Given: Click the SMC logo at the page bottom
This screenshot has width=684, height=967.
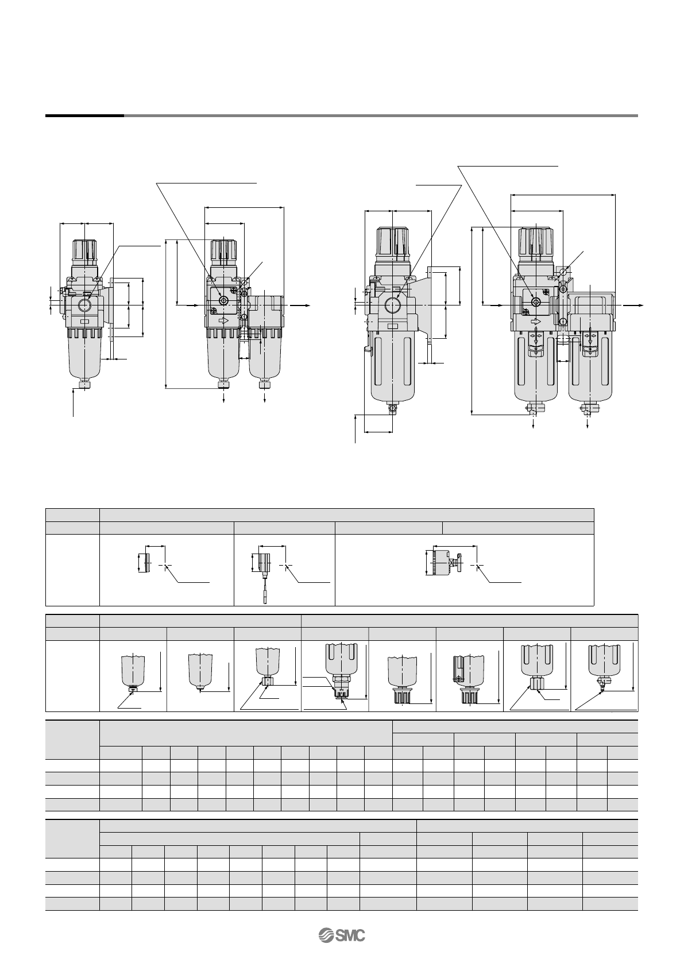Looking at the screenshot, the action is (342, 935).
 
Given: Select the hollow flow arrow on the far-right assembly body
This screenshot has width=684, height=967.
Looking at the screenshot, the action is (535, 322).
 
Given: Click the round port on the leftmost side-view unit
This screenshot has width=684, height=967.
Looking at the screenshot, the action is (86, 305).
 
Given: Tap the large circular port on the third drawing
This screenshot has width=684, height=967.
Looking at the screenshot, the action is (392, 306).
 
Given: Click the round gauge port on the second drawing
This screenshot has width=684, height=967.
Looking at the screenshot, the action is (223, 301).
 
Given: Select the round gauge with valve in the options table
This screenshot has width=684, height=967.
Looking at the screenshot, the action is (444, 563).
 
